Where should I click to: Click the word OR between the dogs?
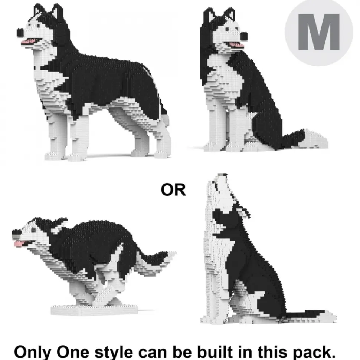(x=173, y=190)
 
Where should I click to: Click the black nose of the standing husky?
(x=20, y=33)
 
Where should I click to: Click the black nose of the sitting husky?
(x=244, y=36)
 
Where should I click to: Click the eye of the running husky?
(x=34, y=230)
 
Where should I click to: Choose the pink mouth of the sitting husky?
(x=235, y=45)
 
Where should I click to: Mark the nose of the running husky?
(x=15, y=234)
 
